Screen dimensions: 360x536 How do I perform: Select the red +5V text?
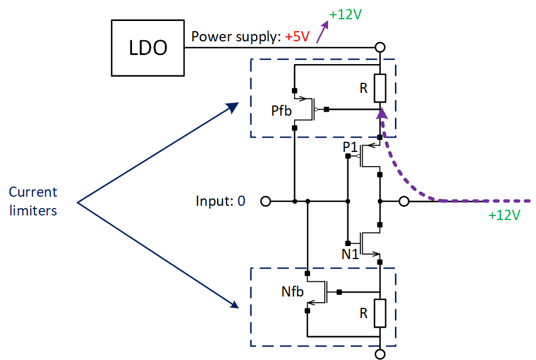tap(297, 37)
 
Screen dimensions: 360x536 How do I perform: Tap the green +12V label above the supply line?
tap(345, 15)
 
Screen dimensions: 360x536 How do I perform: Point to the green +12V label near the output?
tap(504, 215)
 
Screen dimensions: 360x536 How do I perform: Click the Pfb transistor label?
tap(281, 111)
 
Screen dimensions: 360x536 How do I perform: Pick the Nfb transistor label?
tap(293, 293)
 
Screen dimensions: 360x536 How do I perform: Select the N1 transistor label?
tap(350, 255)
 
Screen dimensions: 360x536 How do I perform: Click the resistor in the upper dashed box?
tap(380, 88)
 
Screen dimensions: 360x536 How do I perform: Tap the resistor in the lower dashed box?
tap(380, 313)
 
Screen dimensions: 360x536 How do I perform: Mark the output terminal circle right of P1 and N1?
tap(403, 201)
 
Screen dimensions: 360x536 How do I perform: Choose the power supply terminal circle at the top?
tap(380, 47)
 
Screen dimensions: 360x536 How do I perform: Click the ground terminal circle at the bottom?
tap(380, 354)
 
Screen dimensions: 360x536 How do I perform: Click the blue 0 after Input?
tap(241, 201)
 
